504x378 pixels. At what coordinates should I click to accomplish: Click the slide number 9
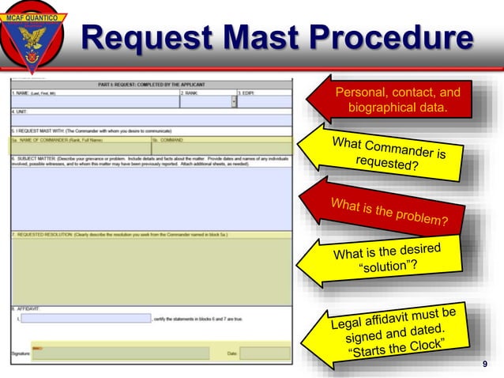(x=484, y=364)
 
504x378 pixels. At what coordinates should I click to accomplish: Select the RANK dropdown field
(x=207, y=102)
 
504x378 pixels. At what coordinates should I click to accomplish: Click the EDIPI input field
(x=265, y=102)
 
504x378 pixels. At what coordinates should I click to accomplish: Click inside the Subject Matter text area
(x=150, y=198)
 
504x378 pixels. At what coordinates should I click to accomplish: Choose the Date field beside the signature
(x=265, y=353)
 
